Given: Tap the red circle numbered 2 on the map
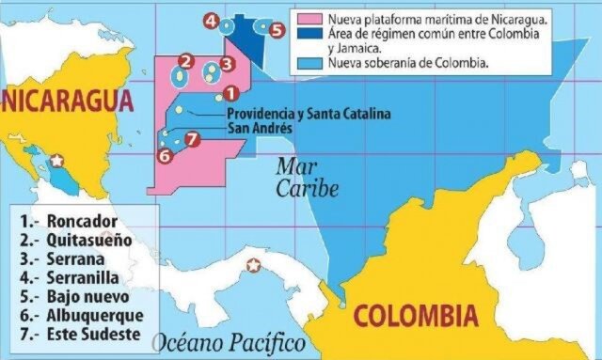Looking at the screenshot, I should (185, 62).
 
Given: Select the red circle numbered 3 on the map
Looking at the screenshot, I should (226, 64).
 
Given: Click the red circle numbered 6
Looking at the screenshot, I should (165, 156).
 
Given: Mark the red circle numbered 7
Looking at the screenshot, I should (191, 139).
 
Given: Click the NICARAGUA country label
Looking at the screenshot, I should (66, 101).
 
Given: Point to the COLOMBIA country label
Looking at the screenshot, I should (415, 315).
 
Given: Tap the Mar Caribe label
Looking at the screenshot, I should (307, 178).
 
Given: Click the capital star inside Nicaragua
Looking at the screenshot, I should (57, 162).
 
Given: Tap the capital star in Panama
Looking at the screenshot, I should (252, 265).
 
